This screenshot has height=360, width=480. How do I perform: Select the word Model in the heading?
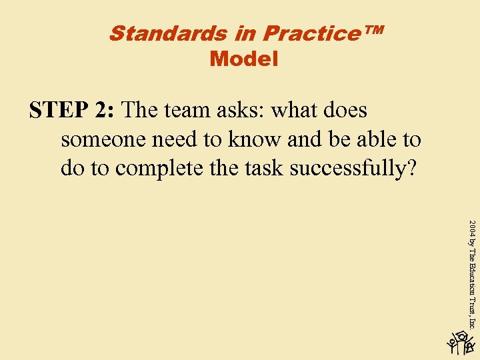pos(243,59)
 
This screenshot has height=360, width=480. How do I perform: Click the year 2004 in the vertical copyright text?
pos(473,229)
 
